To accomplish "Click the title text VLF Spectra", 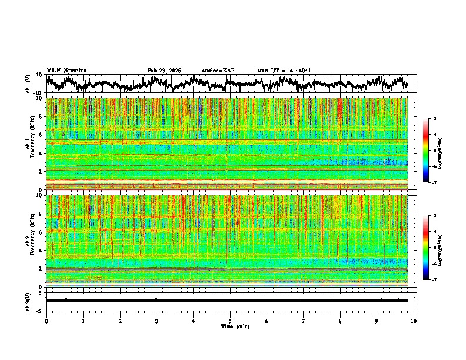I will point(66,71).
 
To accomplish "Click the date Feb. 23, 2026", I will point(164,71).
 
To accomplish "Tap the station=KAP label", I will point(218,71).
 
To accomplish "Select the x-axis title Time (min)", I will point(235,326).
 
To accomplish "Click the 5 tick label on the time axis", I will point(230,321).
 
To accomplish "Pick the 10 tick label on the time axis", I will point(414,321).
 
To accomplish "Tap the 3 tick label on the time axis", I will point(157,321).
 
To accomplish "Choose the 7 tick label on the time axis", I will point(304,321).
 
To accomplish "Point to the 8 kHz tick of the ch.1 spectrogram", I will point(40,116).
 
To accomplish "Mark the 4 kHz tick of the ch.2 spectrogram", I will point(40,251).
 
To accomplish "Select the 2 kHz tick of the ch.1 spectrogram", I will point(40,172).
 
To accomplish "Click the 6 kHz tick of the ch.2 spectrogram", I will point(40,232).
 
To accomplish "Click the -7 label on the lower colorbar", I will point(434,280).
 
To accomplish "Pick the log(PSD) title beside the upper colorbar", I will point(440,151).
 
